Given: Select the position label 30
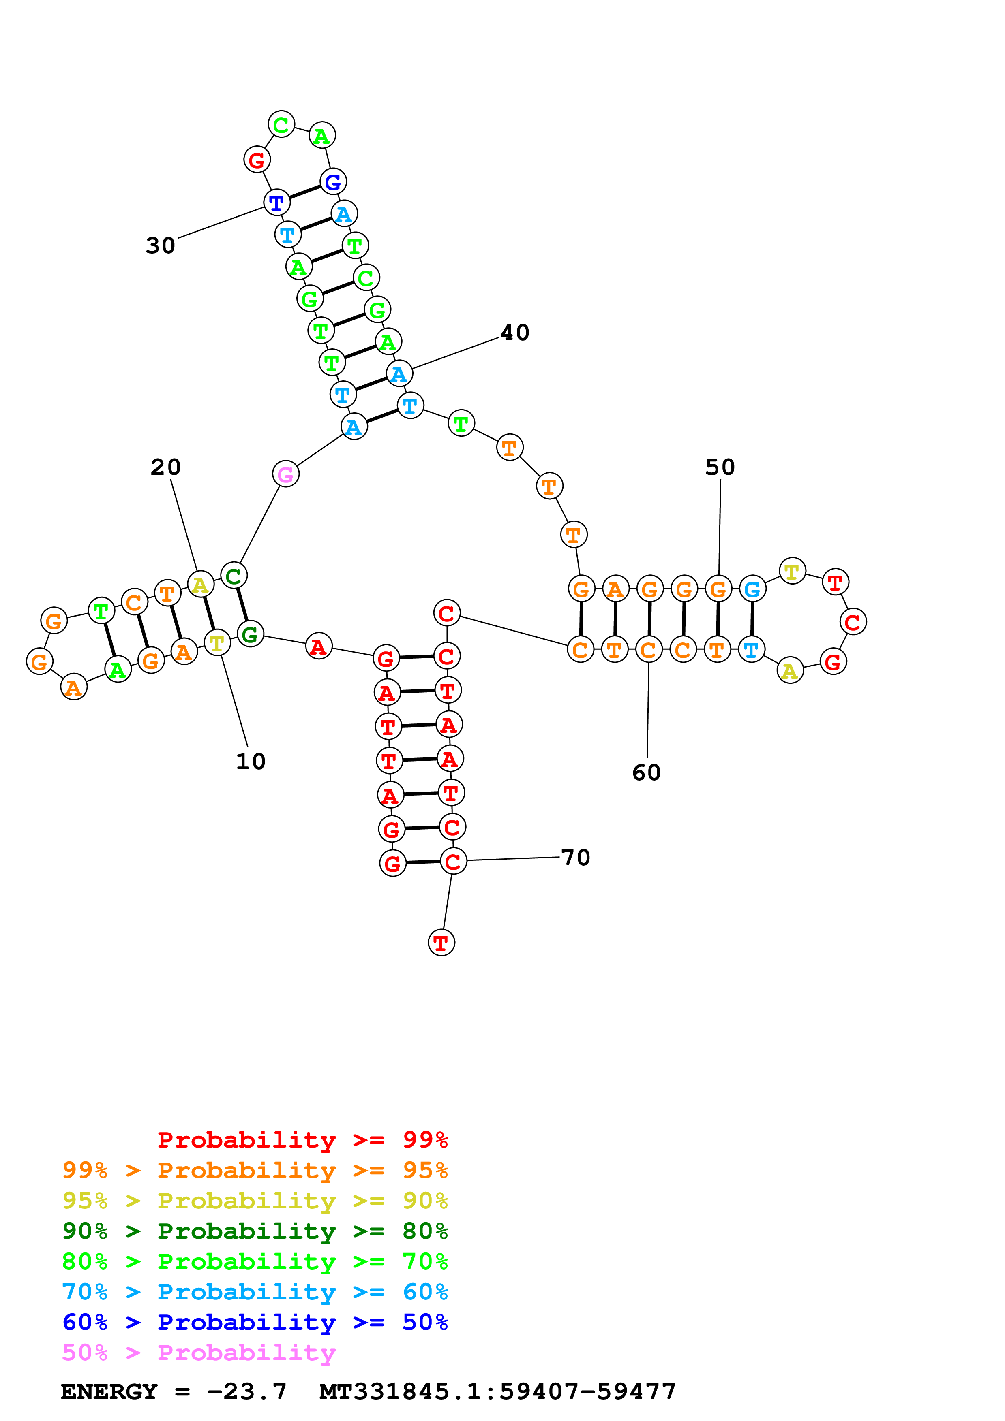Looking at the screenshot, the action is tap(161, 246).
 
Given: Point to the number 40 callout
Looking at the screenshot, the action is tap(514, 333).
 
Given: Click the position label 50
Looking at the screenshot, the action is tap(720, 467).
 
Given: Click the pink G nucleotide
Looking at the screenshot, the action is tap(285, 474).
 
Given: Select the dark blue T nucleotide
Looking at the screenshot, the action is tap(276, 203).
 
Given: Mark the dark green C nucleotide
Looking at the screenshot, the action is tap(234, 576).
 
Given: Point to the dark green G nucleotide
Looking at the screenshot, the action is tap(250, 634).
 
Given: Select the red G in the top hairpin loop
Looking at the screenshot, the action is tap(256, 160).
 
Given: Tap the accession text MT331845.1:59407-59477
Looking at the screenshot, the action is tap(497, 1391).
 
